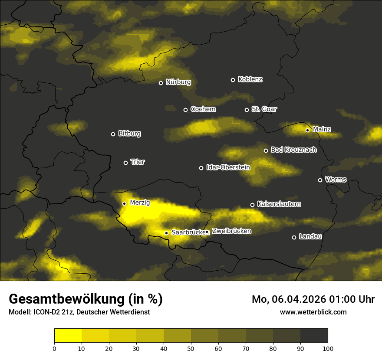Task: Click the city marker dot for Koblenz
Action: [x=233, y=80]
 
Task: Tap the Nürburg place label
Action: [x=178, y=82]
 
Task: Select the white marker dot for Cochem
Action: [x=185, y=110]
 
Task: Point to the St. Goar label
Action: [x=264, y=109]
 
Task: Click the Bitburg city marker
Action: [x=113, y=134]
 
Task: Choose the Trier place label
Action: [x=138, y=162]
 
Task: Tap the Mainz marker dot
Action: [x=307, y=130]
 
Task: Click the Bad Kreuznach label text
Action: [x=293, y=150]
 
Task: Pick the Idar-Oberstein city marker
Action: [x=201, y=168]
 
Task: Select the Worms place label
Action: [x=336, y=179]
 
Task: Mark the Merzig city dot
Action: [x=124, y=203]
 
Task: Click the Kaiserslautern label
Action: [x=279, y=204]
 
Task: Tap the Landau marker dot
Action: [x=294, y=237]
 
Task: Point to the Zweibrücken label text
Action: [x=231, y=231]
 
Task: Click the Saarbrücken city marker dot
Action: [x=166, y=233]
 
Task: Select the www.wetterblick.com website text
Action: [x=313, y=312]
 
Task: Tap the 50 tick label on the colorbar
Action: [x=191, y=348]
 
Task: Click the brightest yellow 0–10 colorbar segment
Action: [x=68, y=335]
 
